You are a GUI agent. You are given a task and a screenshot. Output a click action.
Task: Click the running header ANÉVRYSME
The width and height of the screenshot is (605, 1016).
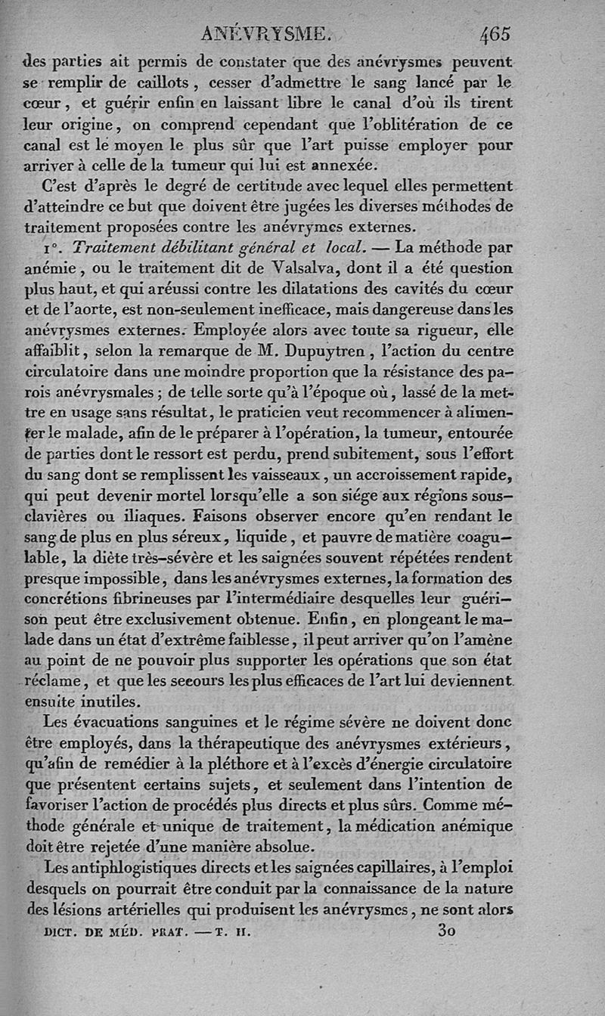265,34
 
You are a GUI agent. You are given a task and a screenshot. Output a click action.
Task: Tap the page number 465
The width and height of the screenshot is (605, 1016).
495,34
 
